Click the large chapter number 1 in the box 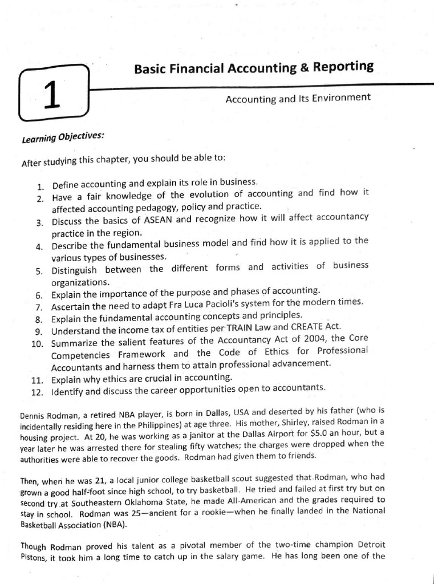[x=51, y=95]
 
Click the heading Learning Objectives [x=63, y=137]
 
